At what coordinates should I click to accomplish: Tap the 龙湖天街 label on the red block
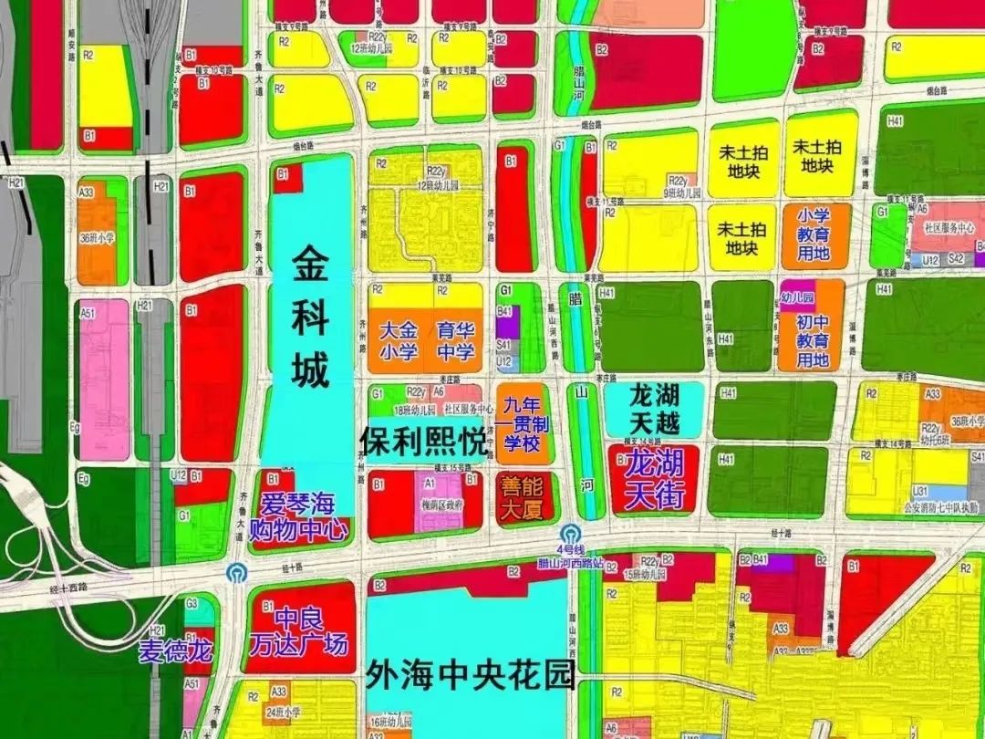pos(654,480)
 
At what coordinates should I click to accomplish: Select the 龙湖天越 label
pos(654,408)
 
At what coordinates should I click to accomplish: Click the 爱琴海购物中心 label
pos(299,515)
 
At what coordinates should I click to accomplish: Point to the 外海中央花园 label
pos(470,676)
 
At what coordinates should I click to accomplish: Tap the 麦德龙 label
pos(175,651)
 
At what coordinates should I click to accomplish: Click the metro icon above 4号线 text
pos(571,531)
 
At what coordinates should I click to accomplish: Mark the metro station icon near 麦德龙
pos(235,573)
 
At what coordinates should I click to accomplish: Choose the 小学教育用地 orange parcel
pos(814,235)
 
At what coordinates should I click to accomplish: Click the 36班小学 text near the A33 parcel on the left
pos(98,238)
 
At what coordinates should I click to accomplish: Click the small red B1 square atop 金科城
pos(287,177)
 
